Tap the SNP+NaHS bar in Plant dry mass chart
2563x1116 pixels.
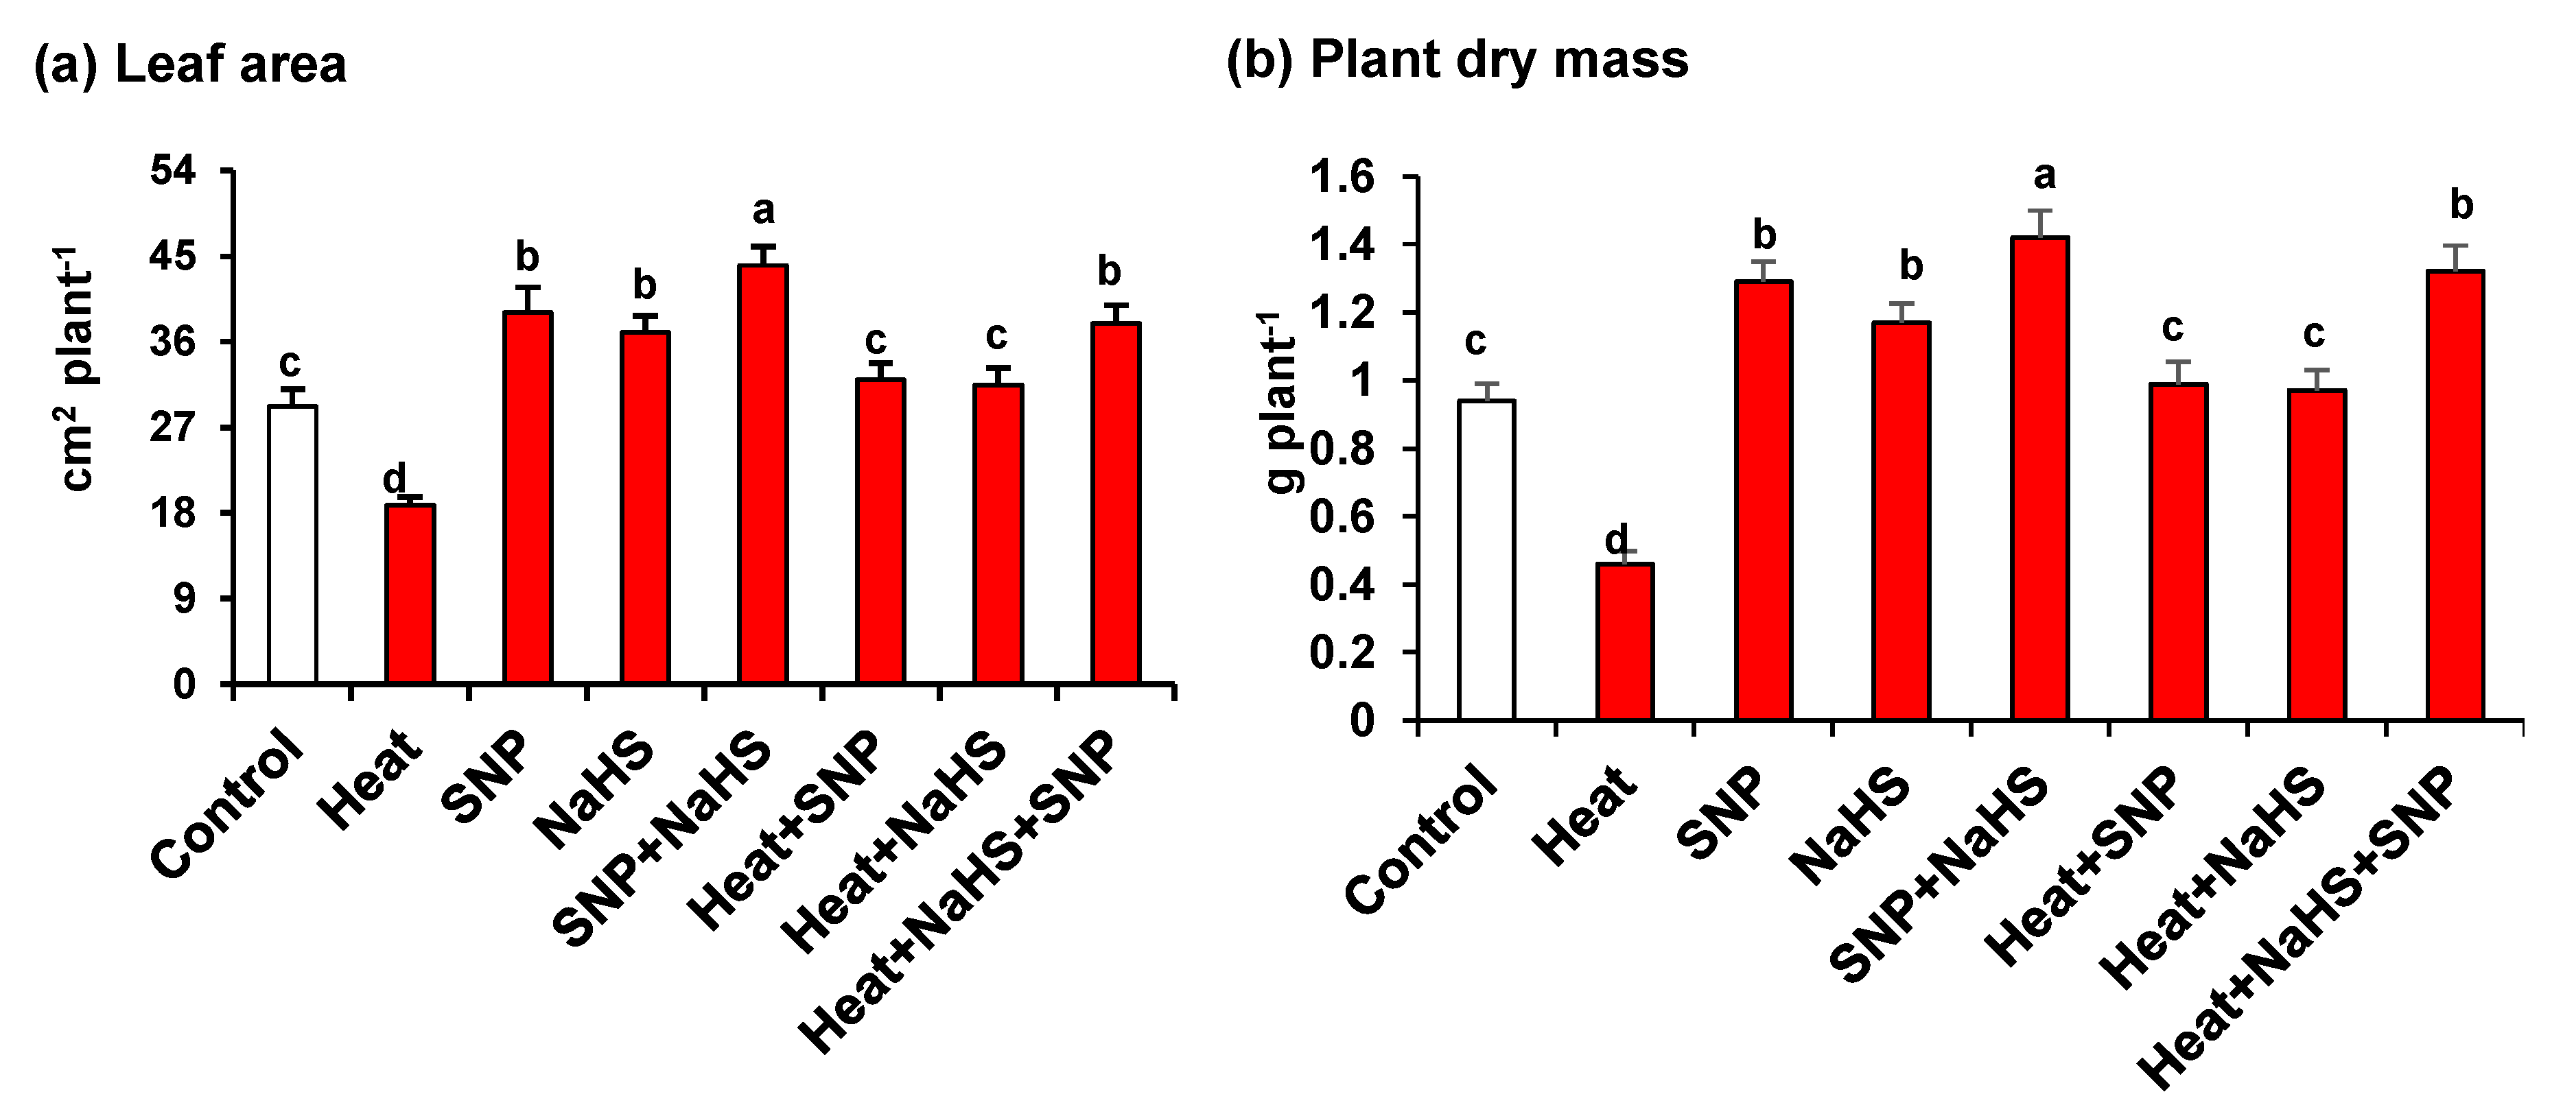click(2039, 477)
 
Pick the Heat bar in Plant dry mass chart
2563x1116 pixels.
click(1625, 641)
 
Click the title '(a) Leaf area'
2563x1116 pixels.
click(190, 64)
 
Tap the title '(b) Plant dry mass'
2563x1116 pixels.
click(1457, 60)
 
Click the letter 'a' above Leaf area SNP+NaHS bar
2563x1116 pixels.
click(763, 211)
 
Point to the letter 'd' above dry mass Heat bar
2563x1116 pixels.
click(1616, 540)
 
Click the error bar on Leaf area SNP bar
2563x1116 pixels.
click(527, 298)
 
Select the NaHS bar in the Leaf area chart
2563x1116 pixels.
click(645, 508)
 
